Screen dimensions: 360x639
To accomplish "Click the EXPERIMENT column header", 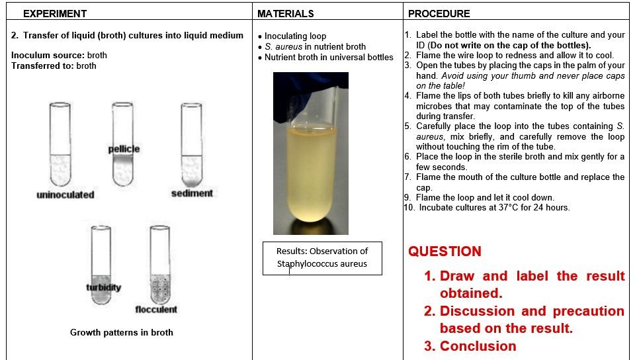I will (54, 13).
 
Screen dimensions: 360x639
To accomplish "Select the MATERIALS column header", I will (285, 13).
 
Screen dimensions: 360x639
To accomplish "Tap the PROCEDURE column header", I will (439, 13).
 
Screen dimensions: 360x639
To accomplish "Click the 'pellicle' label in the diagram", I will (124, 149).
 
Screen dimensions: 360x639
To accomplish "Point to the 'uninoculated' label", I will (65, 195).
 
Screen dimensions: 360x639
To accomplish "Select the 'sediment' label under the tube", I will (192, 193).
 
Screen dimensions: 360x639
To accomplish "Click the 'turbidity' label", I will (103, 287).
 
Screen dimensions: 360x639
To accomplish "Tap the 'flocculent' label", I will (156, 310).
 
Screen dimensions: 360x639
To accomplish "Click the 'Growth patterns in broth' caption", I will (121, 332).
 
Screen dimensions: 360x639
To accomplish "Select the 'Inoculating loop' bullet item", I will (295, 36).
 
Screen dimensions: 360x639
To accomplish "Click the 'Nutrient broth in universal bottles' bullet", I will (328, 58).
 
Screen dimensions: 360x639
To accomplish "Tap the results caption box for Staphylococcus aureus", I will (321, 257).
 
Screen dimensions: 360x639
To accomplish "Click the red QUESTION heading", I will (444, 251).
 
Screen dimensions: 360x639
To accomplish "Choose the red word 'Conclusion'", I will (478, 346).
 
